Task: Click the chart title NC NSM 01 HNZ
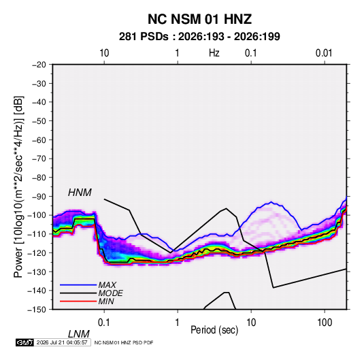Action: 199,19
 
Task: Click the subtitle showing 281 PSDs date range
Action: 199,37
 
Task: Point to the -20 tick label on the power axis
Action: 39,65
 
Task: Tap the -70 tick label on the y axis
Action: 39,159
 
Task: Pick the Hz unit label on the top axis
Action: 214,53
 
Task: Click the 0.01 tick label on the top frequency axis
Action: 324,53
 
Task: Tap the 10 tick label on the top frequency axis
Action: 104,53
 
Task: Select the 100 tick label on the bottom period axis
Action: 325,323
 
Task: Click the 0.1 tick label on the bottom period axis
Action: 103,323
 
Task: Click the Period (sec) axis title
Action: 214,330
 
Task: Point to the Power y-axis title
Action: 18,186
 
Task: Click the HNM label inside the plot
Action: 80,193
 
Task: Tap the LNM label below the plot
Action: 79,334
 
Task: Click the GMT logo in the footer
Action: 25,342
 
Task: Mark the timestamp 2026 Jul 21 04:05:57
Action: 62,342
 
